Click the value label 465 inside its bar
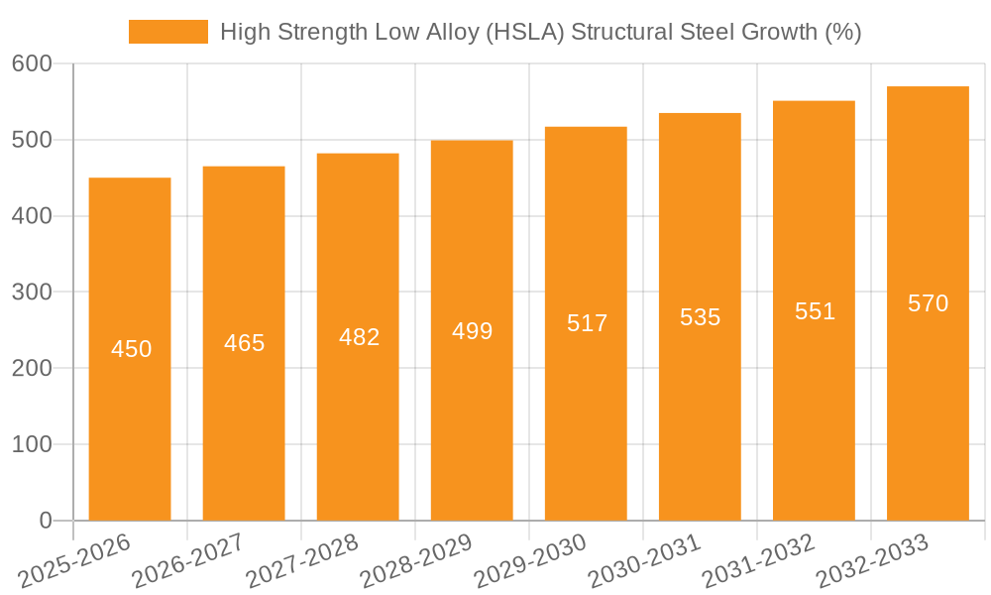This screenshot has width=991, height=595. point(244,343)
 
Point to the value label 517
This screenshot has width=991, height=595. point(587,323)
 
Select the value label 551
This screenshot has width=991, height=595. point(815,311)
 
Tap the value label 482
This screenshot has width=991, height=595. point(359,337)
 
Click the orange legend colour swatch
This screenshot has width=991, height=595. point(168,32)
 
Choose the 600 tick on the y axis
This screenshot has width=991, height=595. point(32,63)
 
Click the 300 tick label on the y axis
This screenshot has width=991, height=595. point(32,292)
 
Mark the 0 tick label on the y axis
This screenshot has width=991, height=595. point(46,520)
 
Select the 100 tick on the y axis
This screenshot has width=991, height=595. point(32,444)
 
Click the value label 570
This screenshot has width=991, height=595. point(928,303)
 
